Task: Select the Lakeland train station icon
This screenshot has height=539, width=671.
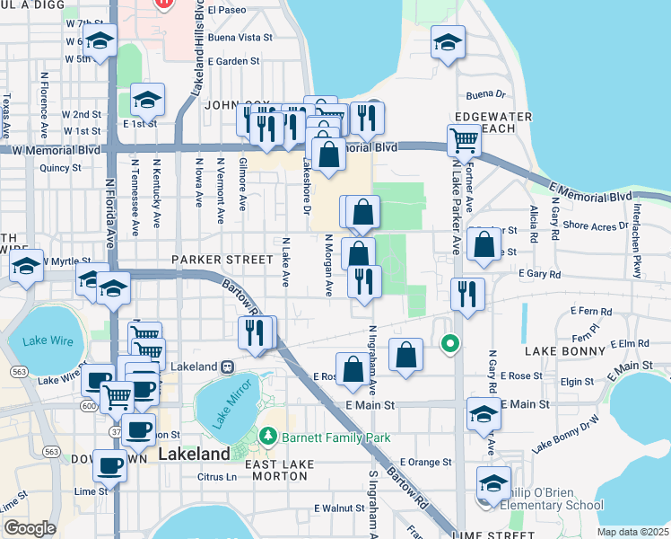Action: (228, 367)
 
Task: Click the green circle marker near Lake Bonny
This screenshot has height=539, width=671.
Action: (449, 342)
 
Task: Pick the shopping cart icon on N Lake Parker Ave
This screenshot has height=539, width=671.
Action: (464, 139)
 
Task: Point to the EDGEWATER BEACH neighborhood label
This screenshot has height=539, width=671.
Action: (485, 123)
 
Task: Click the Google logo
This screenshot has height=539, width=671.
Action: (30, 528)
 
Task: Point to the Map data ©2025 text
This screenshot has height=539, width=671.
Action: (632, 532)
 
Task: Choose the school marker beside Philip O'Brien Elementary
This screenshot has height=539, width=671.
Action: (493, 482)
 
